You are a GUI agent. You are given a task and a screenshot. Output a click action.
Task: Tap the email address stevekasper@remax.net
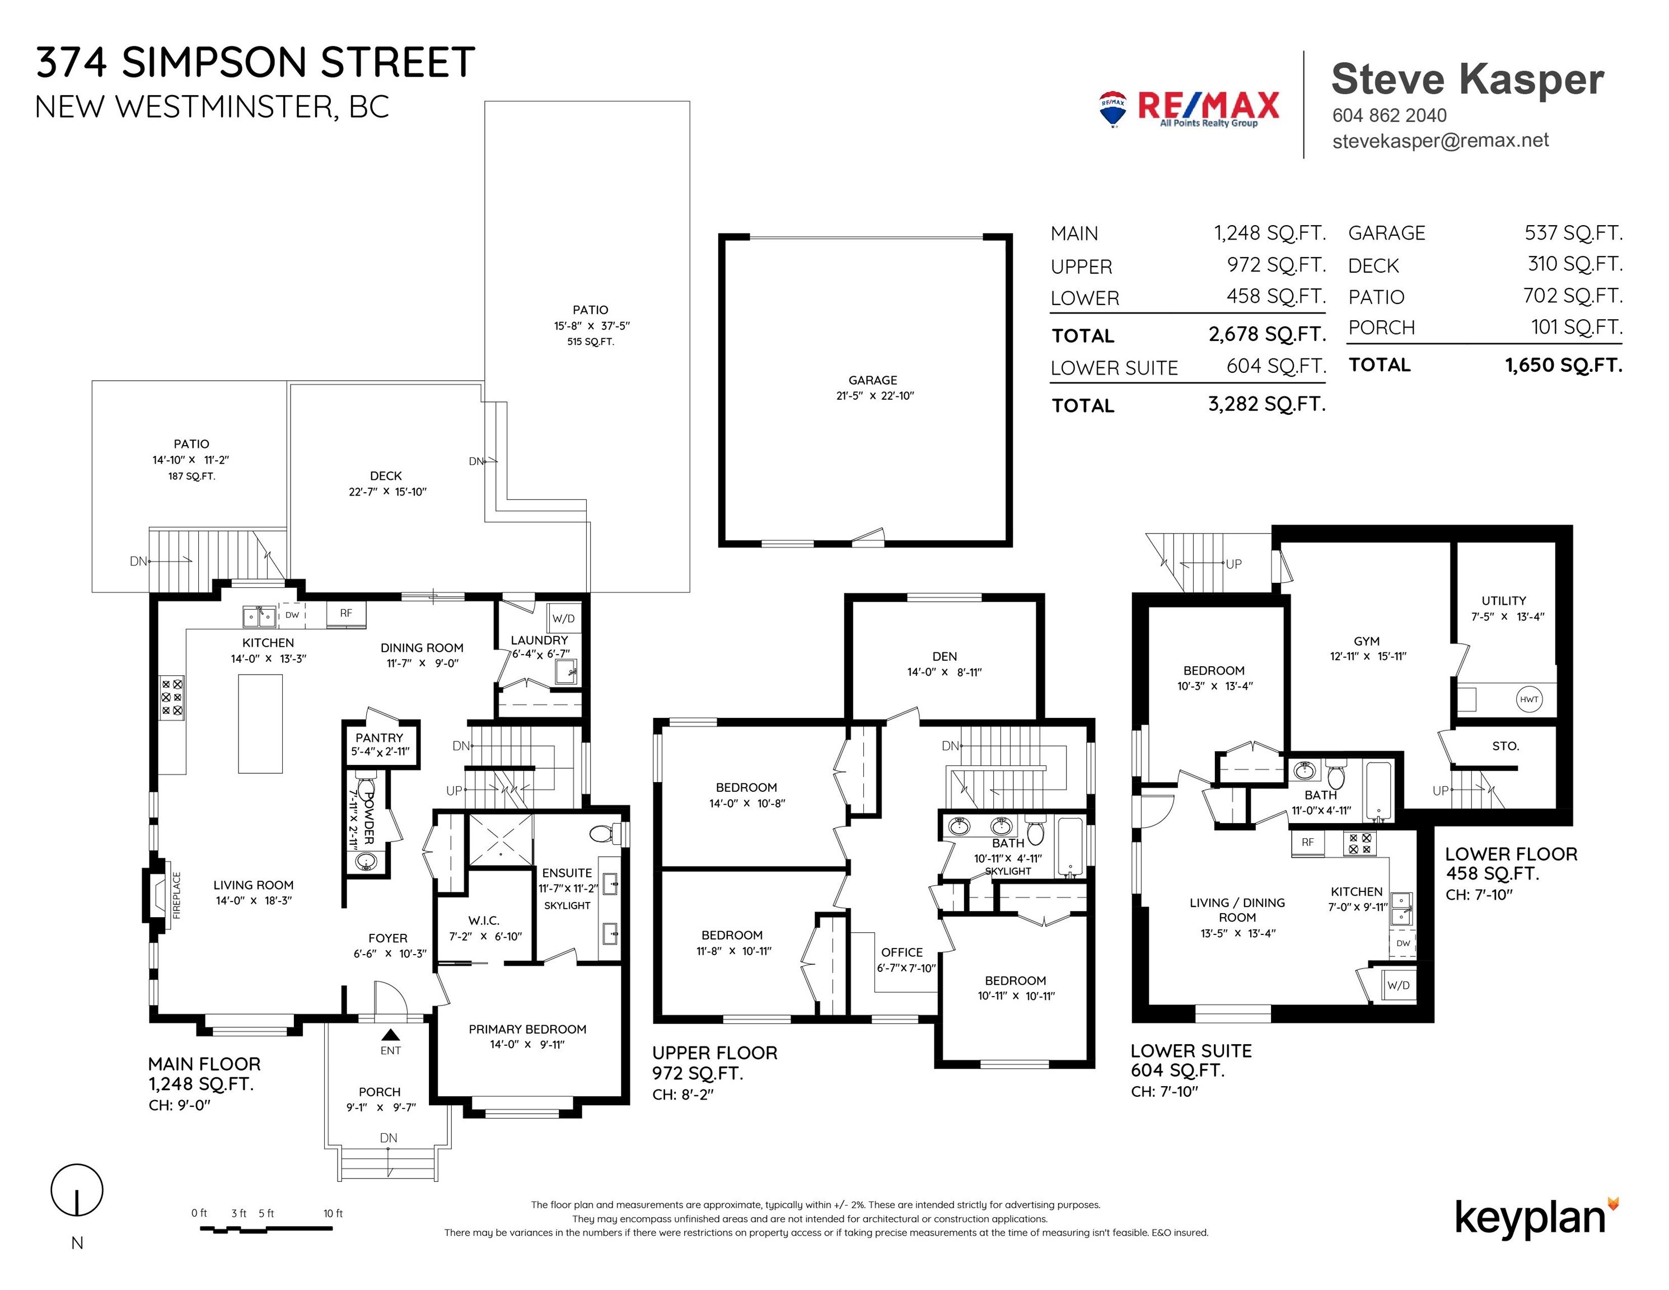pyautogui.click(x=1441, y=141)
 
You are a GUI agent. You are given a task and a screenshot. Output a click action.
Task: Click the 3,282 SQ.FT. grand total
pyautogui.click(x=1266, y=404)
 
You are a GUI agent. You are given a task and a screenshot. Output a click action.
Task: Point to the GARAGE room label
pyautogui.click(x=873, y=380)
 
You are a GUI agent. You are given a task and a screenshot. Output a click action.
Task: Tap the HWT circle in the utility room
pyautogui.click(x=1528, y=699)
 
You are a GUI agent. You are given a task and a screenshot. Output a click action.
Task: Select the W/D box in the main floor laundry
pyautogui.click(x=564, y=618)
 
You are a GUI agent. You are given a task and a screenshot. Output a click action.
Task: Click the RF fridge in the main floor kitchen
pyautogui.click(x=346, y=614)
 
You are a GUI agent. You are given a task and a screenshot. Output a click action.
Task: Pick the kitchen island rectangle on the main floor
pyautogui.click(x=260, y=724)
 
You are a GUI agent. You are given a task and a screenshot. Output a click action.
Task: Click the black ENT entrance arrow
pyautogui.click(x=390, y=1035)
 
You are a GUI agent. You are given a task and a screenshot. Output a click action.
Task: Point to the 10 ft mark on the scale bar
pyautogui.click(x=333, y=1213)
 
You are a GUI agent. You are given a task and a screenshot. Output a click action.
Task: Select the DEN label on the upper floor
pyautogui.click(x=945, y=656)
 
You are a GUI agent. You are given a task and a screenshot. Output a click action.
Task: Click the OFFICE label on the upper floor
pyautogui.click(x=902, y=952)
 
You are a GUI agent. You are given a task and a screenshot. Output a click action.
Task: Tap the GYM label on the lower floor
pyautogui.click(x=1366, y=641)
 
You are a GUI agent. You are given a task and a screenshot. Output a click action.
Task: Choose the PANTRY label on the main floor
pyautogui.click(x=379, y=737)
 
